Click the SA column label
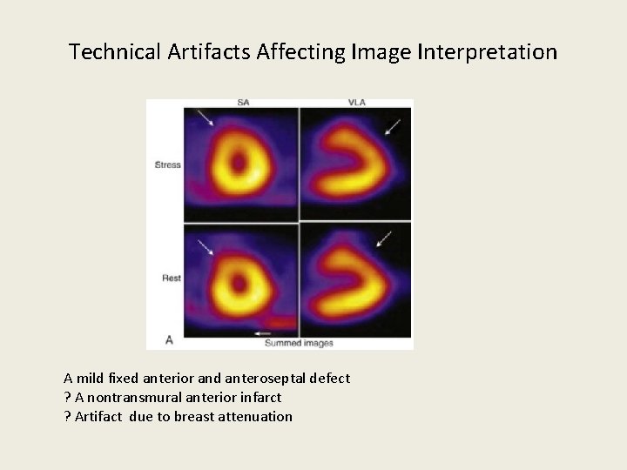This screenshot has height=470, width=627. click(x=243, y=103)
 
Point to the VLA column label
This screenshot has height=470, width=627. click(x=356, y=103)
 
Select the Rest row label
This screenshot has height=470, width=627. click(x=170, y=279)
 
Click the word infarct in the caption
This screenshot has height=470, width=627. click(x=260, y=398)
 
